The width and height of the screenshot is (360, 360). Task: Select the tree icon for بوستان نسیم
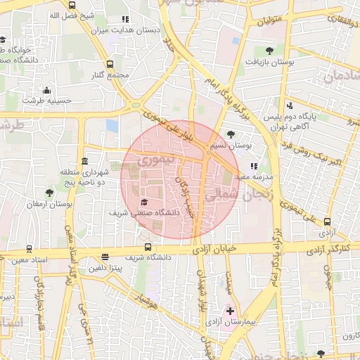click(x=231, y=136)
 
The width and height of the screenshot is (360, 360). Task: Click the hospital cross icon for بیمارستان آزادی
click(x=231, y=310)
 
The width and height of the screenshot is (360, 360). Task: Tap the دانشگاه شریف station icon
click(x=148, y=247)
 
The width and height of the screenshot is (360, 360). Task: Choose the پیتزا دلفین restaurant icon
click(x=105, y=257)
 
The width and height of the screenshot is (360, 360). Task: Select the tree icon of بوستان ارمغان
click(x=49, y=193)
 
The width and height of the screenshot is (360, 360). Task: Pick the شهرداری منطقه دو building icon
click(x=84, y=161)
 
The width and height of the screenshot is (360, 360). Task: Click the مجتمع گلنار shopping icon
click(x=110, y=64)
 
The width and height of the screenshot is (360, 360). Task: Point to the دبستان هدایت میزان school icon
click(x=125, y=20)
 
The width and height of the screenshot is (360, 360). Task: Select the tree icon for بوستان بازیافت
click(x=270, y=51)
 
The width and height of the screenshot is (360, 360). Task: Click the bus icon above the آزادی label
click(x=327, y=221)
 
